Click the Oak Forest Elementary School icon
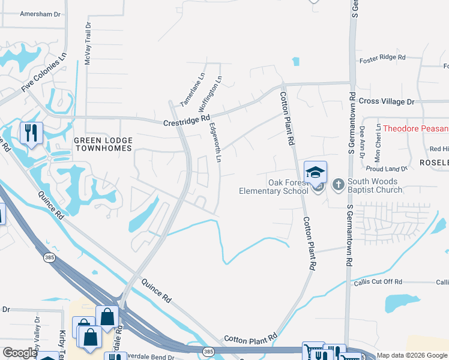pyautogui.click(x=315, y=173)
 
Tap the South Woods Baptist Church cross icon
pyautogui.click(x=338, y=184)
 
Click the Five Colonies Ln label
pyautogui.click(x=44, y=72)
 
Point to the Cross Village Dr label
pyautogui.click(x=387, y=102)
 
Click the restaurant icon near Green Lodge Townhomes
pyautogui.click(x=31, y=133)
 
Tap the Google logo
pyautogui.click(x=19, y=353)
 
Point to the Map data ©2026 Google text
pyautogui.click(x=412, y=355)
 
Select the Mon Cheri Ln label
pyautogui.click(x=378, y=145)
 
